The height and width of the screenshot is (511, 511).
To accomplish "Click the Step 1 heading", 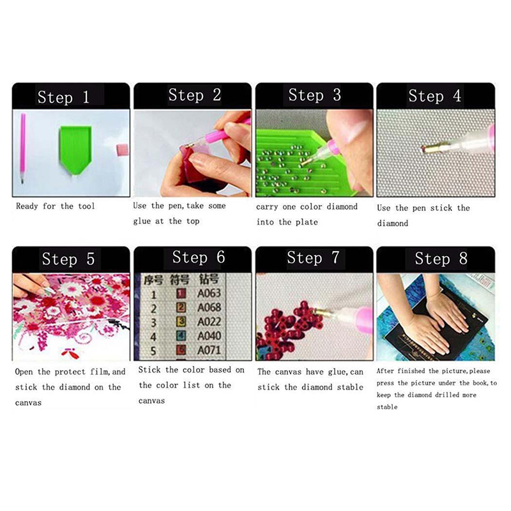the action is pos(63,97).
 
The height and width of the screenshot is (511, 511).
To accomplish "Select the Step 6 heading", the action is pos(199,257).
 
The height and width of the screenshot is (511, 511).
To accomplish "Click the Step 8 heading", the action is pos(441,259).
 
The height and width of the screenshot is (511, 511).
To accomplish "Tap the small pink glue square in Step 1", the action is pos(122,150).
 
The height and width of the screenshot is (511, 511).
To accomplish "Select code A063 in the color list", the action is pos(209,293).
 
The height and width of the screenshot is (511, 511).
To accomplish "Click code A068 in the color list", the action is pos(209,307).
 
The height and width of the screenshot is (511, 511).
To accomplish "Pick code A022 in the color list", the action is pos(209,322).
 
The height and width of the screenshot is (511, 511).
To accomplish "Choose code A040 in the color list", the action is pos(209,336).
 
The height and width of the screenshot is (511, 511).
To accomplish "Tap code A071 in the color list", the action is pos(209,350).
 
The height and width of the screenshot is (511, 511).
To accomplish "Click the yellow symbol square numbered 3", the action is pos(181,322).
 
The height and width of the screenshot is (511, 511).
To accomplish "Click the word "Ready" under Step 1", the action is pos(27,206).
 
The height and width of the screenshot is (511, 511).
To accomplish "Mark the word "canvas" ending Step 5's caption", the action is pos(28,403).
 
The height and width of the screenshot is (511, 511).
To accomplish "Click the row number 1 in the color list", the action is pos(153,295).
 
